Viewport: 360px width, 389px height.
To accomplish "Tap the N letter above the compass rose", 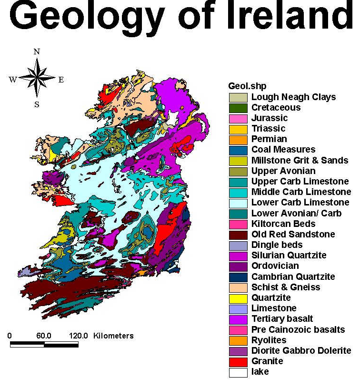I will coord(37,51).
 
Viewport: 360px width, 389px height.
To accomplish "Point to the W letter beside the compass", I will coord(12,80).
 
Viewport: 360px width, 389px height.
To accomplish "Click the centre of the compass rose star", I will coord(37,78).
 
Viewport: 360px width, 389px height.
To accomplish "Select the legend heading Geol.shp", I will coord(247,86).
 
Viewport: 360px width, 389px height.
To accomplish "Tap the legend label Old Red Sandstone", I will coord(293,234).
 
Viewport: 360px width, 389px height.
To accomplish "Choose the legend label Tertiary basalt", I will coord(282,318).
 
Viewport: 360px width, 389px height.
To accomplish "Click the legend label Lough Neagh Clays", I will coord(293,97).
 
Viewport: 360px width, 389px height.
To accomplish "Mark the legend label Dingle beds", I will coord(277,245).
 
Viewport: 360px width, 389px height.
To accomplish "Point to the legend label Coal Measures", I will coord(283,149).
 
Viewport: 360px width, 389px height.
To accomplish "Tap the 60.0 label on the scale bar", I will coord(43,336).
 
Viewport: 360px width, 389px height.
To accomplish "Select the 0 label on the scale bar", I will coord(10,336).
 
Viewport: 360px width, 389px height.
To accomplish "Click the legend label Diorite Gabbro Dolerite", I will coord(301,350).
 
